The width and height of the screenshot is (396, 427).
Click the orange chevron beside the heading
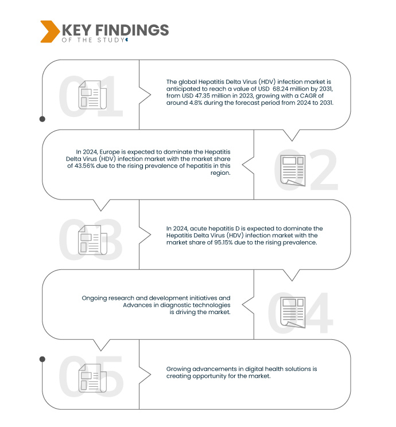coord(49,32)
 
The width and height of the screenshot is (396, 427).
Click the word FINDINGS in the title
coord(132,30)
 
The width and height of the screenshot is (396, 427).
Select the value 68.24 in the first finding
coord(280,89)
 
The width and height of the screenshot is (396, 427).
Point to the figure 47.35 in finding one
coord(203,96)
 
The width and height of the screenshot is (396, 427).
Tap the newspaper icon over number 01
coord(92,95)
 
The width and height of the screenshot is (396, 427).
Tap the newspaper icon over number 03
coord(92,240)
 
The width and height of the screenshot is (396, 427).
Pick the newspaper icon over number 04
coord(293,312)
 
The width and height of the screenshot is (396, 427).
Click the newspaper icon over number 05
coord(92,378)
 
